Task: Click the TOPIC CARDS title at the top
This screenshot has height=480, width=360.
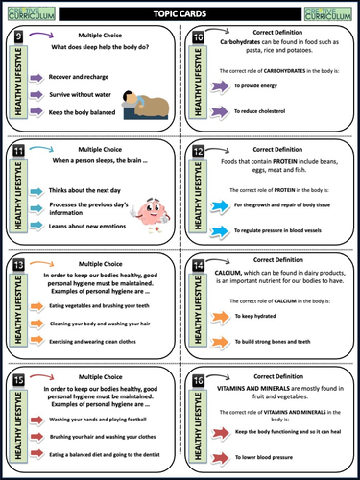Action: pos(180,12)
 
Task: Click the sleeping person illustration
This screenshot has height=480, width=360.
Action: pos(147,102)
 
